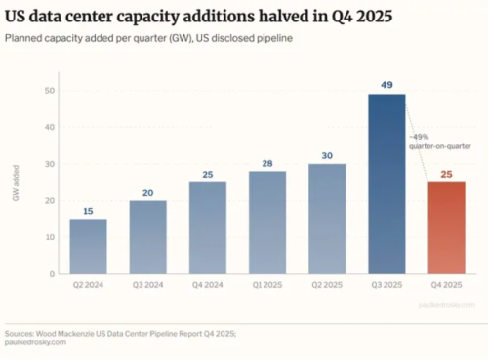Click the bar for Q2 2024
pos(89,246)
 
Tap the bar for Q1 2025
pos(268,222)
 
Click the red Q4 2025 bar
pos(447,227)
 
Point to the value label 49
pos(387,85)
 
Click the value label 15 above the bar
pos(89,210)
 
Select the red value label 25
pos(447,173)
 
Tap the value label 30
pos(328,154)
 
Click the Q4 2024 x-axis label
pos(209,286)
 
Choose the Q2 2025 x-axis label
pos(328,286)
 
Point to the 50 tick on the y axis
pos(50,90)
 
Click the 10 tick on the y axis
pos(50,237)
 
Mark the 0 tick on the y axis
pos(52,274)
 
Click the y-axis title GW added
pos(17,182)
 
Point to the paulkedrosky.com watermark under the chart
pos(457,304)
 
